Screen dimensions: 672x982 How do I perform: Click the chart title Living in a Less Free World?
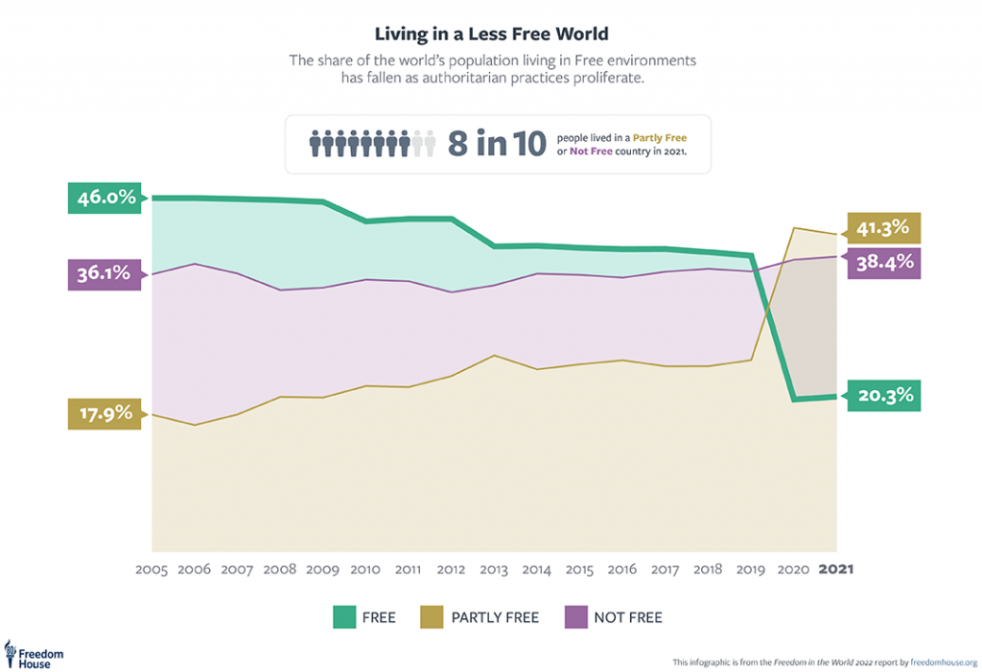491,35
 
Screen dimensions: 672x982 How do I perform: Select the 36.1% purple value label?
104,273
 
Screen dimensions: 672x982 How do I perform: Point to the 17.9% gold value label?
104,414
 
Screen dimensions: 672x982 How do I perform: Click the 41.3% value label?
881,228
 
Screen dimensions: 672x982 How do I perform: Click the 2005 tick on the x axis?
152,568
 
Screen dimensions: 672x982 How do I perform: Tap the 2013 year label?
493,568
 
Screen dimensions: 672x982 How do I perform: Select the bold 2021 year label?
835,568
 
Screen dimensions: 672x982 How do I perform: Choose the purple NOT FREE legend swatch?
574,617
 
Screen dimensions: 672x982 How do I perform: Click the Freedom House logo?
35,654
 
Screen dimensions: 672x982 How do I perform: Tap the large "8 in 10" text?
497,144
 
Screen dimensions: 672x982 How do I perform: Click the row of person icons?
372,144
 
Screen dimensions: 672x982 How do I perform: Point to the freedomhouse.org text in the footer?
943,661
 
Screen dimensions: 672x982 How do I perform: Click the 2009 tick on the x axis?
322,568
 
